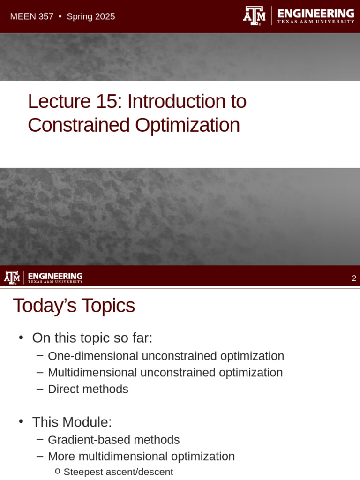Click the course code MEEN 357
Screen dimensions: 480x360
(x=31, y=17)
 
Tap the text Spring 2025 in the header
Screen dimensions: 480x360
(x=90, y=17)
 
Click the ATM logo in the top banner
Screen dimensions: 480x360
(x=254, y=15)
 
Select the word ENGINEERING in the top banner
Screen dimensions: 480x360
(x=315, y=13)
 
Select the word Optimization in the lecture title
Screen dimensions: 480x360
(x=187, y=125)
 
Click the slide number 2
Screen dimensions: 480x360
(x=354, y=278)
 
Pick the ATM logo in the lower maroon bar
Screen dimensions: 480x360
(x=12, y=277)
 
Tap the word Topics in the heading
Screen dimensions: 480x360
(x=108, y=306)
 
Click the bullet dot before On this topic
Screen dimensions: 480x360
(x=21, y=337)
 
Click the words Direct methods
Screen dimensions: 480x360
(x=88, y=389)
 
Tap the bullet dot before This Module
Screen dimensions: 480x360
(x=21, y=421)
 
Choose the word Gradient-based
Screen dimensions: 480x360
(x=82, y=440)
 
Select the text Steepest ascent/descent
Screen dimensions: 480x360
(x=118, y=472)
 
